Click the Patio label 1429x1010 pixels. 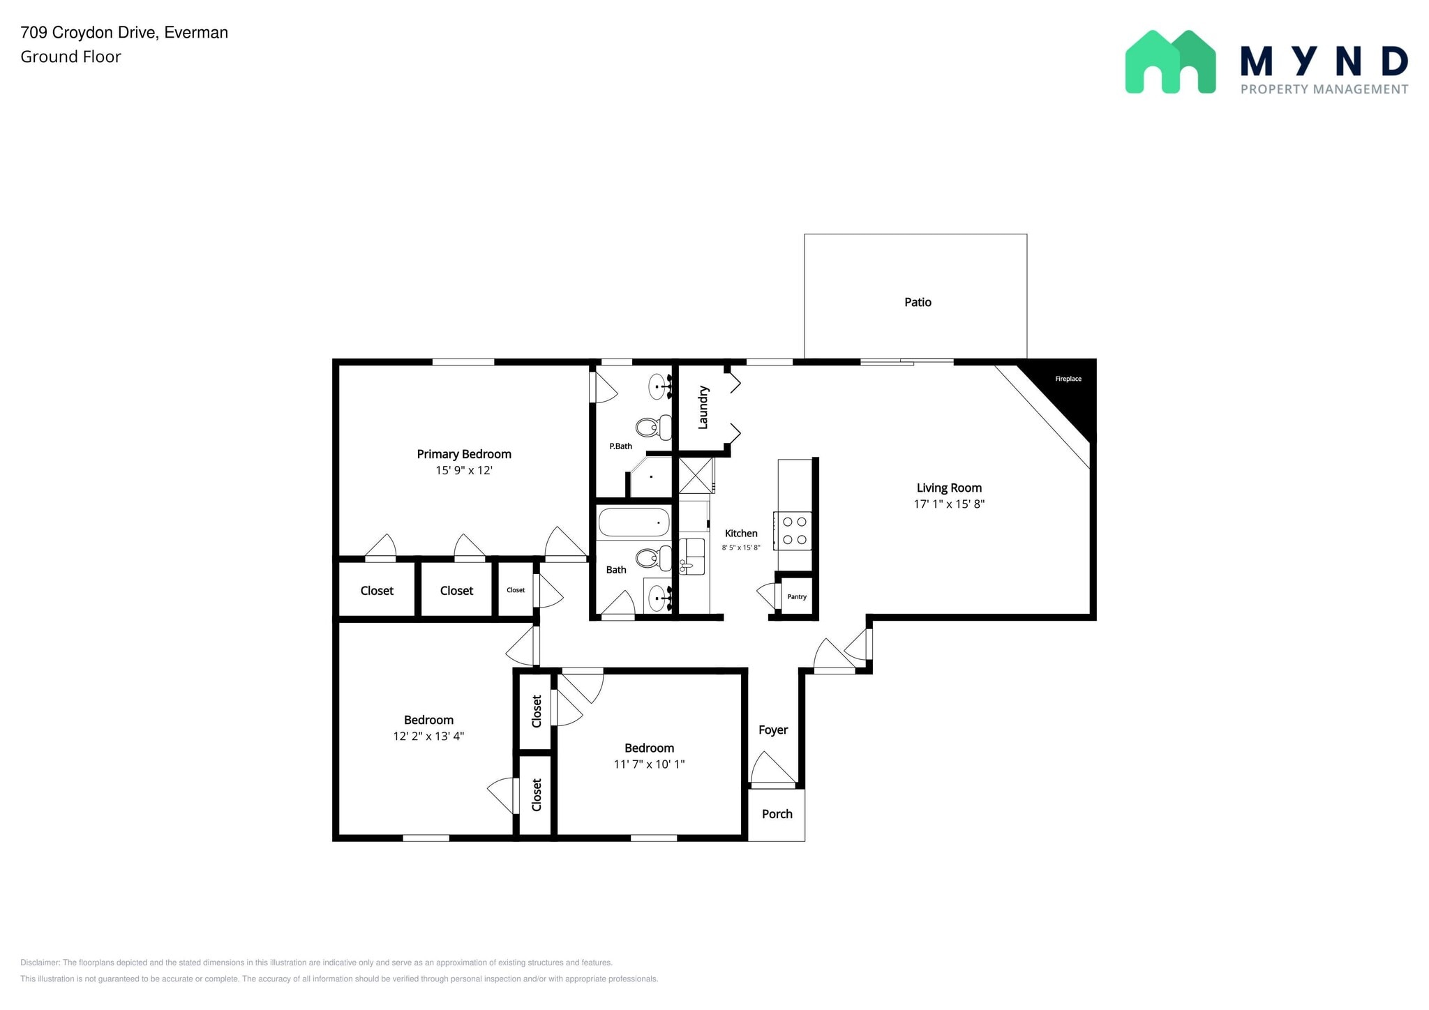(x=917, y=302)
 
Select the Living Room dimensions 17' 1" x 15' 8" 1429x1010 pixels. (x=948, y=504)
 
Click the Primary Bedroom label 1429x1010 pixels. (x=464, y=454)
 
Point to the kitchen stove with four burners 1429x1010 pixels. (x=793, y=531)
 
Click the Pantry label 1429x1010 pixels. (x=796, y=597)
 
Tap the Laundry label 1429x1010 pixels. (x=703, y=407)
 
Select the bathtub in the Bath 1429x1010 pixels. (x=634, y=522)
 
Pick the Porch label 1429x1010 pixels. (x=777, y=814)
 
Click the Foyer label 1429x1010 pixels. (x=772, y=730)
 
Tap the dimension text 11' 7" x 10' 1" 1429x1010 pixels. (x=648, y=764)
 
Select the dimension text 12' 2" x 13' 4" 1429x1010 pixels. (x=428, y=736)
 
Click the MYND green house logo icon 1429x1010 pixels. (x=1170, y=62)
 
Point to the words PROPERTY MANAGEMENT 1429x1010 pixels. (x=1324, y=89)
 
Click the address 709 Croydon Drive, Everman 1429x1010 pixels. (x=124, y=32)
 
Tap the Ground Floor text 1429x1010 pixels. (x=70, y=57)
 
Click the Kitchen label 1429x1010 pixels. (x=740, y=534)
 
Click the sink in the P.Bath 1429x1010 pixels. (x=658, y=386)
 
